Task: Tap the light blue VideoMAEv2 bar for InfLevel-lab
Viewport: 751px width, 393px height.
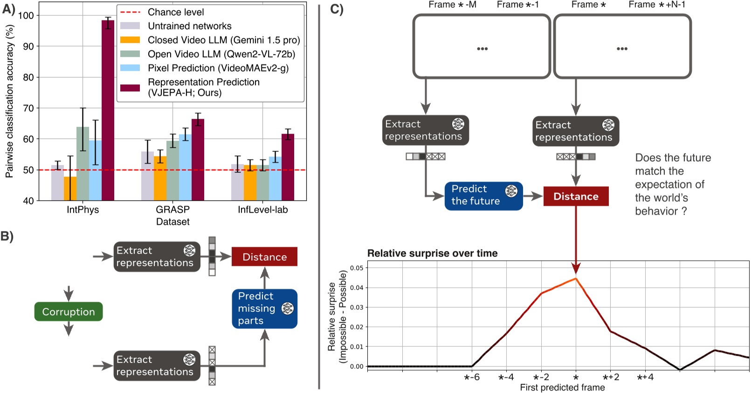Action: [275, 179]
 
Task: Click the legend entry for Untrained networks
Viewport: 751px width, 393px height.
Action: [189, 26]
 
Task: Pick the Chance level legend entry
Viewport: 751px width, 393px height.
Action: [175, 12]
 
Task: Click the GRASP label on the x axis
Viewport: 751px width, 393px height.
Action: [172, 210]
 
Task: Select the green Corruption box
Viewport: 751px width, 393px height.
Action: [69, 312]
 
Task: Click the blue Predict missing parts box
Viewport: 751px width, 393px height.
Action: [264, 309]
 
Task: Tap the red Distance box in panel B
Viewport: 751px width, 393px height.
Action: [264, 257]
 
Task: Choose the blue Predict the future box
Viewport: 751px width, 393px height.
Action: [483, 196]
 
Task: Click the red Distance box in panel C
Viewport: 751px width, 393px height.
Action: [576, 196]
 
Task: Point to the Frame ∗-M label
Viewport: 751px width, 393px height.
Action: [452, 5]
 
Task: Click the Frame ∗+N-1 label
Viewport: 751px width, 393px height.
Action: [656, 5]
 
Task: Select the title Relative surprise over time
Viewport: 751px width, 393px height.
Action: [432, 253]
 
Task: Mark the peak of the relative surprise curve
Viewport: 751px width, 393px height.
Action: [576, 278]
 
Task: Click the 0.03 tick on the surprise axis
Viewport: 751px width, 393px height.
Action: [357, 307]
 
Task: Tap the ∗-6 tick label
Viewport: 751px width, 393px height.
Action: [471, 377]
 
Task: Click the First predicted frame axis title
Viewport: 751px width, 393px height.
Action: [562, 387]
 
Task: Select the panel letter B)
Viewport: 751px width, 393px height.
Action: [7, 236]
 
